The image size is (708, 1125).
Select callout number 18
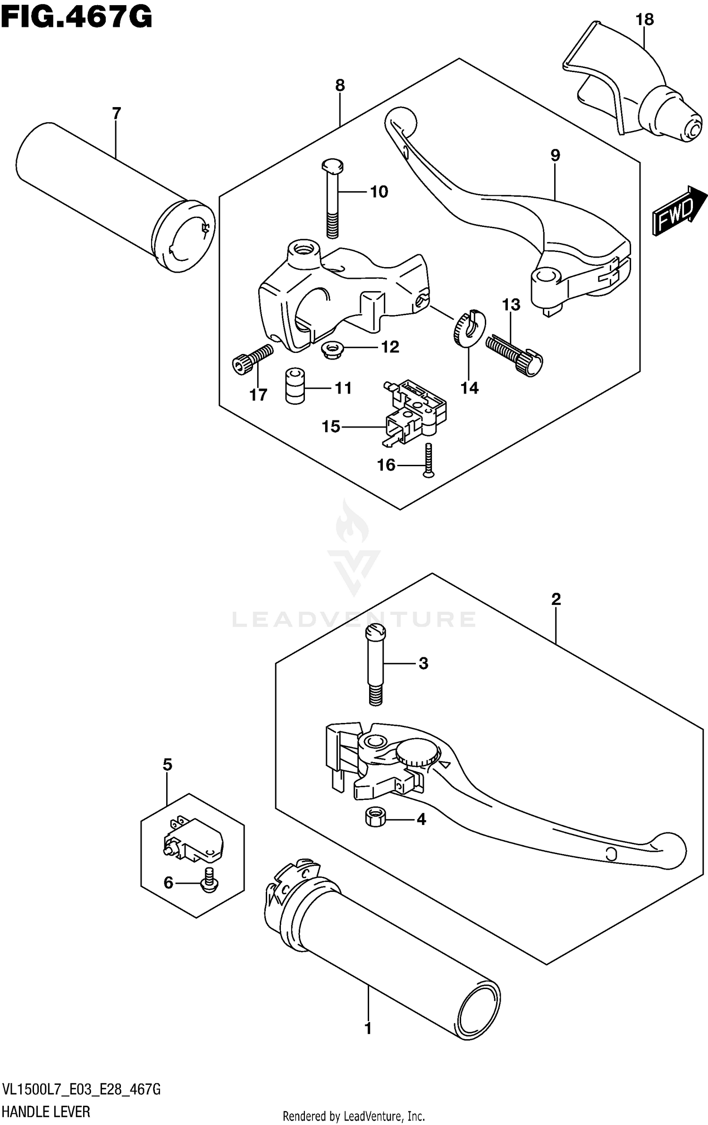tap(644, 20)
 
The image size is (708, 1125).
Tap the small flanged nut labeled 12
tap(329, 350)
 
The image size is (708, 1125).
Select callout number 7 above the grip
tap(116, 113)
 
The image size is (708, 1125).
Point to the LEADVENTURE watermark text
tap(354, 619)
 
